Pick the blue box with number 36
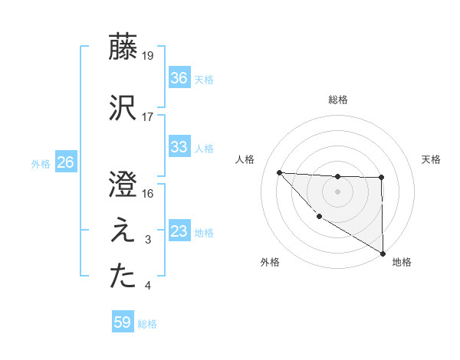(179, 77)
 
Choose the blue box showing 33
(179, 147)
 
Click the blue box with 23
(179, 231)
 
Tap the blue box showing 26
(65, 162)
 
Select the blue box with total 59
(123, 322)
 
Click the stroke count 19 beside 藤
(149, 56)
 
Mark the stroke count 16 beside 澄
(149, 193)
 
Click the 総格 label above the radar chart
(338, 100)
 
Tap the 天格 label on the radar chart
(432, 159)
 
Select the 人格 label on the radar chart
(246, 159)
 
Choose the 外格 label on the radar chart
(270, 262)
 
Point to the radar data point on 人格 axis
(279, 172)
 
